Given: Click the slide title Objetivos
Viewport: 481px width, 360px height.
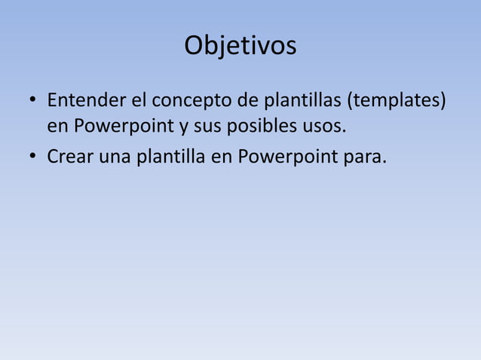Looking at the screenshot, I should tap(240, 47).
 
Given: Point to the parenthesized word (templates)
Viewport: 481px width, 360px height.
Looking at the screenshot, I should tap(396, 101).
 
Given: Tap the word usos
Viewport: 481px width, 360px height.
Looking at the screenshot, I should tap(327, 126).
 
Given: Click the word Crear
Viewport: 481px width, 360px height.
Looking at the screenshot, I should tap(69, 157).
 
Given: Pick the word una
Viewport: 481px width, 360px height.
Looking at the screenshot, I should tap(112, 157).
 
